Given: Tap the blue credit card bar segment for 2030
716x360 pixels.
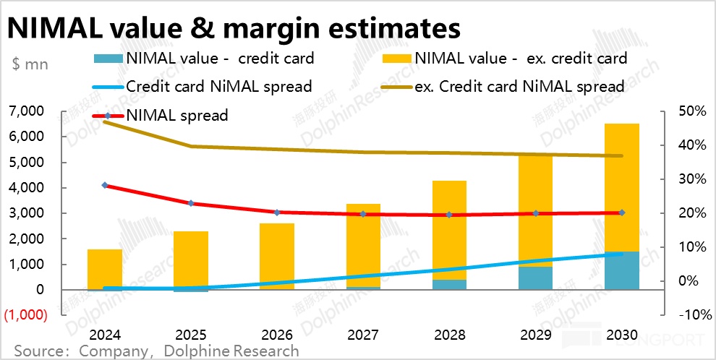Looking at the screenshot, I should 622,271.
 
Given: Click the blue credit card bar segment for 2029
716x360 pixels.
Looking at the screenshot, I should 536,278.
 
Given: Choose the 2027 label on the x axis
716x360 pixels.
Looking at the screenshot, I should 364,335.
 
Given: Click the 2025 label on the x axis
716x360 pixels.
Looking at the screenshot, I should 191,335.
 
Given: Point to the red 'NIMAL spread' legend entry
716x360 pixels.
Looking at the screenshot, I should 177,115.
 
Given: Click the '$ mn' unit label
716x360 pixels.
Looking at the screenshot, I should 30,64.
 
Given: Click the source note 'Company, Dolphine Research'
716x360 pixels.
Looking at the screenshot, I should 155,351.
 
